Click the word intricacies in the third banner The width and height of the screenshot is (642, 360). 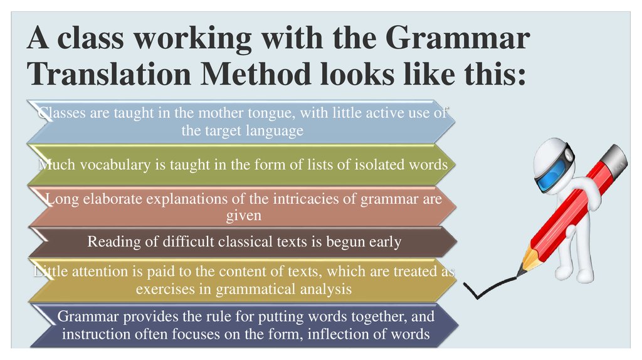(322, 199)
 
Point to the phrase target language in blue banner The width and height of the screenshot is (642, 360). (243, 130)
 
